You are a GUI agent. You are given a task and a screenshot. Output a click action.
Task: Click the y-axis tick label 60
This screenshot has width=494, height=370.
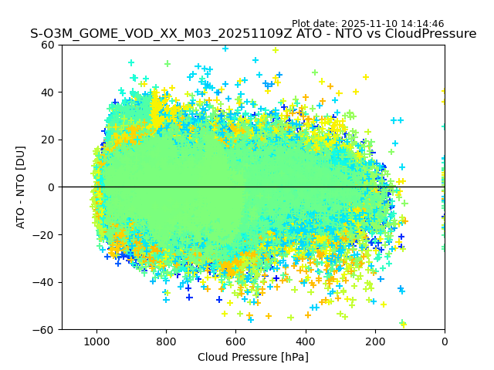[49, 45]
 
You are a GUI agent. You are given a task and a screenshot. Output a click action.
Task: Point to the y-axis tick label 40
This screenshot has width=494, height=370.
[49, 92]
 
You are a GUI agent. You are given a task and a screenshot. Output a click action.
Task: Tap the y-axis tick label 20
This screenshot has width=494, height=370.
[49, 140]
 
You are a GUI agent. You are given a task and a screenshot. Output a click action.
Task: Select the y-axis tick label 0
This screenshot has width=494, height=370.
[52, 187]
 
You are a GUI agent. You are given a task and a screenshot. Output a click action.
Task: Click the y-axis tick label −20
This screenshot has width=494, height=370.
[46, 235]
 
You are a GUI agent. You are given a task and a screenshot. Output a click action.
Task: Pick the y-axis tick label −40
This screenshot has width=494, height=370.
[46, 282]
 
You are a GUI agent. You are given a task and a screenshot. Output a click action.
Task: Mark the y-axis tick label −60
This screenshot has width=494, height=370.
[46, 330]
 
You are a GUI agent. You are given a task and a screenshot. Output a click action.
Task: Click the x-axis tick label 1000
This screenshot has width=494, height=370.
[96, 341]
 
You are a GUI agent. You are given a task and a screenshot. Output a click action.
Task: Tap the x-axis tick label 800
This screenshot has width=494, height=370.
[166, 341]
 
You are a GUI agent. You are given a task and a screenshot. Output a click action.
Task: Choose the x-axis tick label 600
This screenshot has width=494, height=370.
[235, 341]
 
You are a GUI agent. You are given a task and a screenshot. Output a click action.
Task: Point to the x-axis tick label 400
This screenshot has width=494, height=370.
[305, 341]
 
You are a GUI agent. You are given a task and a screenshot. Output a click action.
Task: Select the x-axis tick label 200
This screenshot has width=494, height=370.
[374, 341]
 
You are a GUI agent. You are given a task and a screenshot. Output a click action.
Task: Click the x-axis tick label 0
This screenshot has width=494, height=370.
[444, 341]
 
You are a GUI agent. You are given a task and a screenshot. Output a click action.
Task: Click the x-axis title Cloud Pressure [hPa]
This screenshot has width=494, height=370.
[252, 357]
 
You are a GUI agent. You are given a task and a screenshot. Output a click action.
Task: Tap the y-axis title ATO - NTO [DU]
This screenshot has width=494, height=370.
[21, 187]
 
